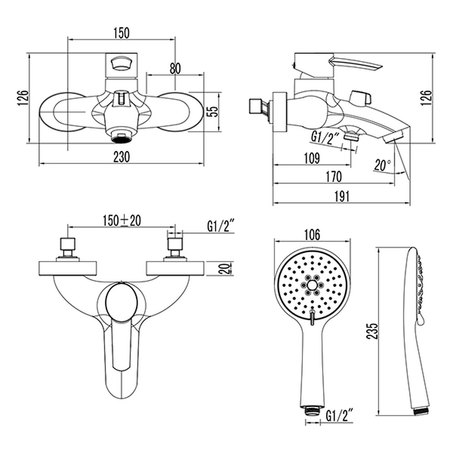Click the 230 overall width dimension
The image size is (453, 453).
point(121,156)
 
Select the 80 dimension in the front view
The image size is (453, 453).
point(175,68)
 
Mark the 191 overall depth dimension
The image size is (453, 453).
point(342,196)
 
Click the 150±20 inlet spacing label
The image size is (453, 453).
point(121,221)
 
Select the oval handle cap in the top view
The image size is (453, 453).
point(120,302)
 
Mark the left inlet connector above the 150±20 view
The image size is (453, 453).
point(67,247)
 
